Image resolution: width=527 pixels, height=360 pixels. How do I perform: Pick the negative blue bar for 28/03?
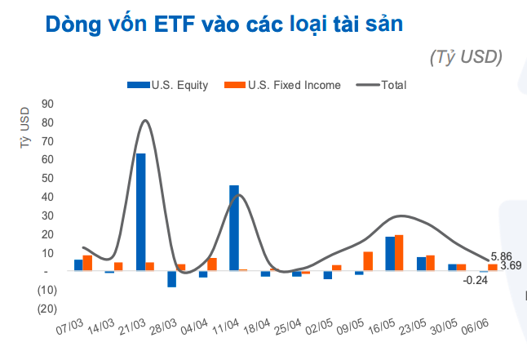tap(172, 278)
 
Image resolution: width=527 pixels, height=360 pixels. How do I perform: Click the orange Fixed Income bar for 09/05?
tap(368, 261)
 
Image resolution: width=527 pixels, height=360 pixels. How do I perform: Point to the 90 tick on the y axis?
tap(46, 104)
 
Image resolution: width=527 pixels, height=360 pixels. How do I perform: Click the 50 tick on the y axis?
tap(46, 178)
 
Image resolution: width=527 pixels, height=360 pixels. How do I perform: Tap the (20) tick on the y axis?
tap(45, 309)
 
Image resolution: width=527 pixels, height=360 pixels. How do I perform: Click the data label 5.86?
tap(502, 256)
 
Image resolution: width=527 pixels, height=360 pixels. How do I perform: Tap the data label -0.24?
tap(475, 280)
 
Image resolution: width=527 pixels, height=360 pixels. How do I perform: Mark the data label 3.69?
tap(510, 266)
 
